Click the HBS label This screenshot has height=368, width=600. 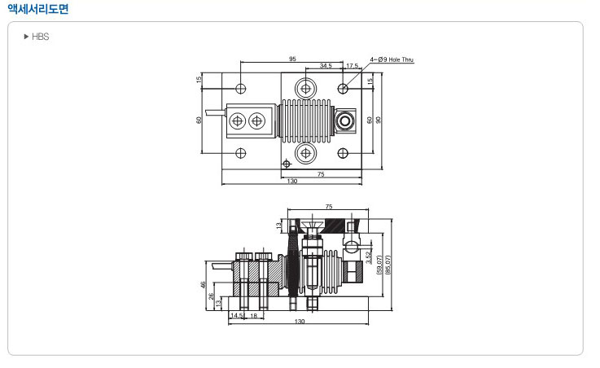(40, 37)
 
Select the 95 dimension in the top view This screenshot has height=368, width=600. (291, 59)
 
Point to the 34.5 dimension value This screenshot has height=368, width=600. (326, 65)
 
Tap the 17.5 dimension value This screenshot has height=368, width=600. (352, 65)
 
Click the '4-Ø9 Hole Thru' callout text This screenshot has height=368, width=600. (392, 59)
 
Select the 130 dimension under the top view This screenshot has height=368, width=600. (291, 182)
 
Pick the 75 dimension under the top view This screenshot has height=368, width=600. (322, 173)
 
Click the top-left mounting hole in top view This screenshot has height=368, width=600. (241, 87)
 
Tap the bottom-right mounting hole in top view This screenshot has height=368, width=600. (344, 152)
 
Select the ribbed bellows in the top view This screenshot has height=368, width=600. (304, 120)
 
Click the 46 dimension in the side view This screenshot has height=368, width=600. (202, 285)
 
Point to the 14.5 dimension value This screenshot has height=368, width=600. (236, 315)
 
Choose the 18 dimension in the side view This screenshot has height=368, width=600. (253, 315)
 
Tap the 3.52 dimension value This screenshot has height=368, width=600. (369, 260)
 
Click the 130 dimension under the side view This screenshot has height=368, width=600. (299, 323)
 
